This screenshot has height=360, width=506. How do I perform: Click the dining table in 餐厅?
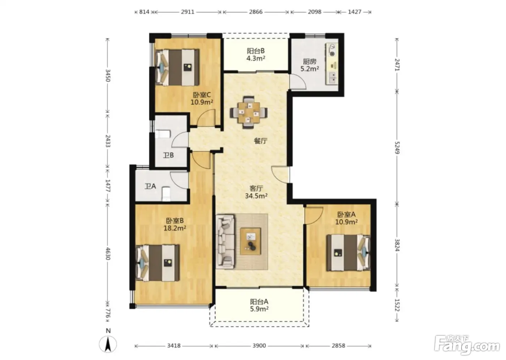(x=249, y=112)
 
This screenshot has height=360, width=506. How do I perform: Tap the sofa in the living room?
(x=225, y=242)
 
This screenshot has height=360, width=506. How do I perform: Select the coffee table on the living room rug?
(x=250, y=241)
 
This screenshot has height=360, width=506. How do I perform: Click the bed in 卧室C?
(x=177, y=67)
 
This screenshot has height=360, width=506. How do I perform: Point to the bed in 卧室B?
(x=158, y=263)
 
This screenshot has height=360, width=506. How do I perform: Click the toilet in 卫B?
(x=163, y=134)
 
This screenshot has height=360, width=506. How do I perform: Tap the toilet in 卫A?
(x=166, y=193)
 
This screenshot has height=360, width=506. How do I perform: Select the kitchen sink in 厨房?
(x=332, y=78)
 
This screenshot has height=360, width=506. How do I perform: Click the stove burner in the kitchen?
(x=332, y=50)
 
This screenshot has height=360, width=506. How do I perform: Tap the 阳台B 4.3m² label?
(x=256, y=55)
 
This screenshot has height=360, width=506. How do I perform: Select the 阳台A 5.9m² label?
(x=259, y=305)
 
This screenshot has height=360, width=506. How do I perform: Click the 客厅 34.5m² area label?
(x=256, y=192)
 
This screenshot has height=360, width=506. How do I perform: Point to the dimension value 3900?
(x=259, y=346)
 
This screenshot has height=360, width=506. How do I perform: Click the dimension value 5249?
(x=397, y=148)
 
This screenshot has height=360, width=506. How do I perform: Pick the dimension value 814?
(x=144, y=12)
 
